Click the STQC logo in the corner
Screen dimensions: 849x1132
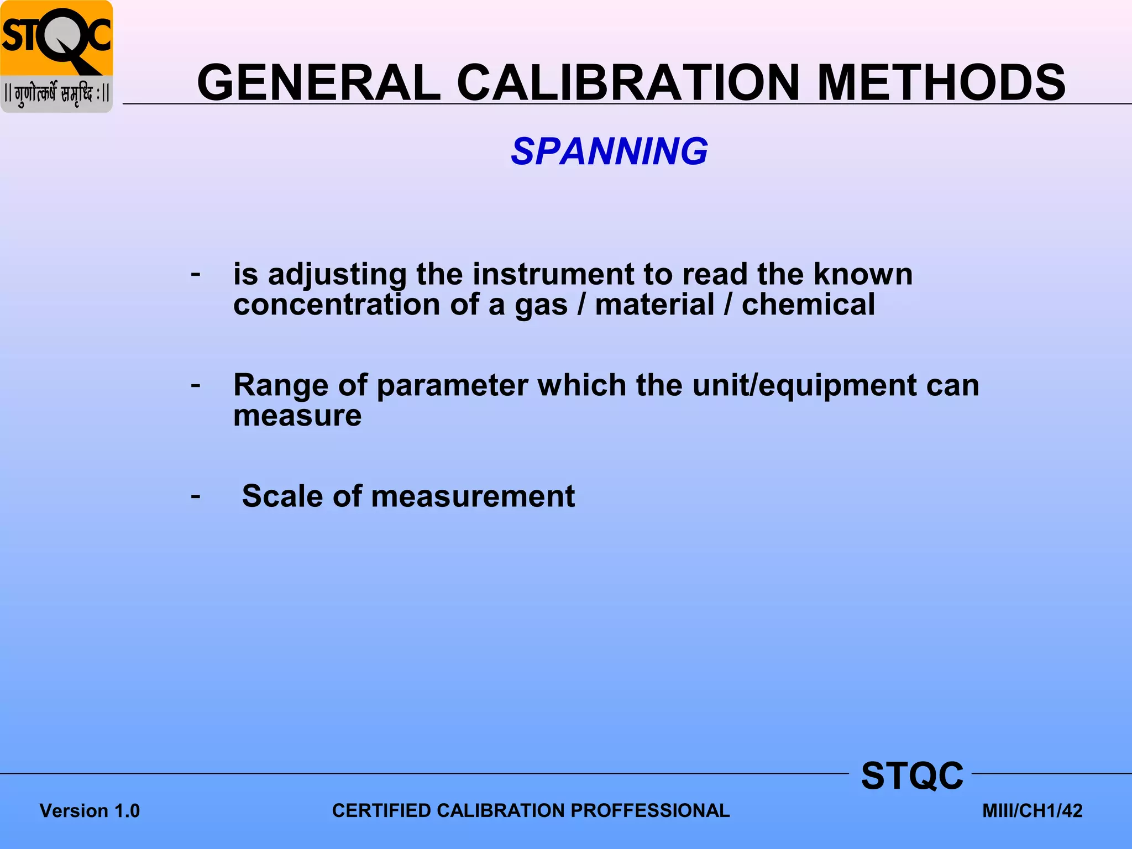click(x=56, y=56)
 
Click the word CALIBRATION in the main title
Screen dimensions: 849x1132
click(x=628, y=83)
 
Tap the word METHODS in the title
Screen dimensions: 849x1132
click(x=941, y=83)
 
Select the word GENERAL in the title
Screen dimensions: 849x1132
click(x=319, y=83)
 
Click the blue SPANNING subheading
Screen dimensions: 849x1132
click(x=609, y=151)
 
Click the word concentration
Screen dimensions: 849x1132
click(x=337, y=305)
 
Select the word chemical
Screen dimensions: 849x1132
click(x=808, y=305)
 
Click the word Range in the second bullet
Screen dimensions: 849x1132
click(x=280, y=385)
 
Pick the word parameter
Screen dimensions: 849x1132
click(x=452, y=385)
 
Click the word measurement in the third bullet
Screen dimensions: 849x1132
click(x=473, y=496)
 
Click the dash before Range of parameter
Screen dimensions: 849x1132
click(x=196, y=384)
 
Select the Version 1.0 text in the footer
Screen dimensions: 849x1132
click(x=90, y=811)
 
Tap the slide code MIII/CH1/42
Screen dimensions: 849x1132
click(x=1032, y=811)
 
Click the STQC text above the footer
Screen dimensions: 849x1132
click(x=912, y=775)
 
